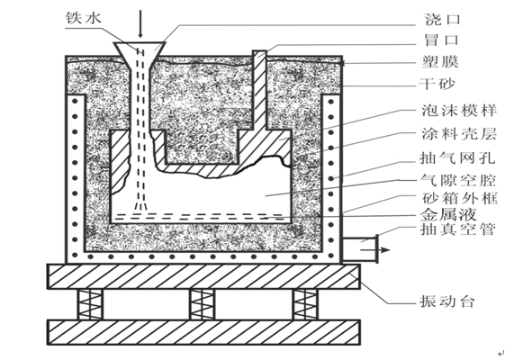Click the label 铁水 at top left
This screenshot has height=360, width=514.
[84, 18]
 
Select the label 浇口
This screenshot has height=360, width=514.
[443, 19]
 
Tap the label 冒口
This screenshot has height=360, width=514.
[442, 40]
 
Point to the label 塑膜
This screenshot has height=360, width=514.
[440, 61]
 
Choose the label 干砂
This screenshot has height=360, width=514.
[437, 84]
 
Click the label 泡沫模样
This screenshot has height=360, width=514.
[459, 111]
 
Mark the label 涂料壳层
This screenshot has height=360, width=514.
[459, 134]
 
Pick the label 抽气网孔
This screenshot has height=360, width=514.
[457, 157]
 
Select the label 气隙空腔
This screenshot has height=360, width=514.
[458, 180]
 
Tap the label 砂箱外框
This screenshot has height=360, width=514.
[460, 198]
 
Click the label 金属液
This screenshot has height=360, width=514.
[448, 215]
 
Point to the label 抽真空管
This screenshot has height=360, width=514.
[457, 229]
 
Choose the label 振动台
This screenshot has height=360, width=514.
[447, 301]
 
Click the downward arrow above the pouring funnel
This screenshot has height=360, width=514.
[140, 23]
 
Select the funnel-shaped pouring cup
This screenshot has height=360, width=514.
[140, 56]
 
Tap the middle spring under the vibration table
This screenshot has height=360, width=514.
[203, 304]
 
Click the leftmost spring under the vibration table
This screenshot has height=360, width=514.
[90, 304]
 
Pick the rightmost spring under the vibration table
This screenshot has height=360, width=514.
[305, 304]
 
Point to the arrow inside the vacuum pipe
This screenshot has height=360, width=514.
[375, 250]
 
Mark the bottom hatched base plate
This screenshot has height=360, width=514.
[203, 332]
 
